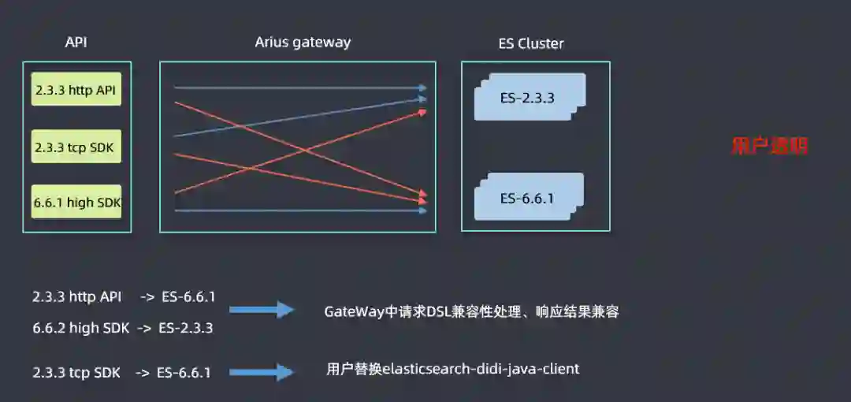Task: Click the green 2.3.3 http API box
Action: pos(76,91)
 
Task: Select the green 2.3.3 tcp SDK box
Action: pos(76,147)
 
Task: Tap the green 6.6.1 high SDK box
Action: pos(76,203)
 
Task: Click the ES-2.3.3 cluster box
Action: pos(528,98)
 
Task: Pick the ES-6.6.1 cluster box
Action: pos(528,198)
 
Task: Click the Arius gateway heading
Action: pos(303,43)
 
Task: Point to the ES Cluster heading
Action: pos(531,44)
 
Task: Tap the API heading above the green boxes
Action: pos(76,43)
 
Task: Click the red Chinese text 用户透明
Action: pos(770,146)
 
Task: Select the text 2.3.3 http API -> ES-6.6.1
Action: pos(124,297)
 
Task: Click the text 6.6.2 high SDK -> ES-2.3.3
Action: pos(123,328)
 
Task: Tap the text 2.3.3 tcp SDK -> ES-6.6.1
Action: pos(121,372)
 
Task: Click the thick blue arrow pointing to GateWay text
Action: pos(272,311)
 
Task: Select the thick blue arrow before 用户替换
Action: pos(272,371)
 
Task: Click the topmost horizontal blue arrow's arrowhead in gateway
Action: pos(423,88)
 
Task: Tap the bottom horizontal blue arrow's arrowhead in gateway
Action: pos(423,210)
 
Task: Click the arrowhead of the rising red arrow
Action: pos(422,112)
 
